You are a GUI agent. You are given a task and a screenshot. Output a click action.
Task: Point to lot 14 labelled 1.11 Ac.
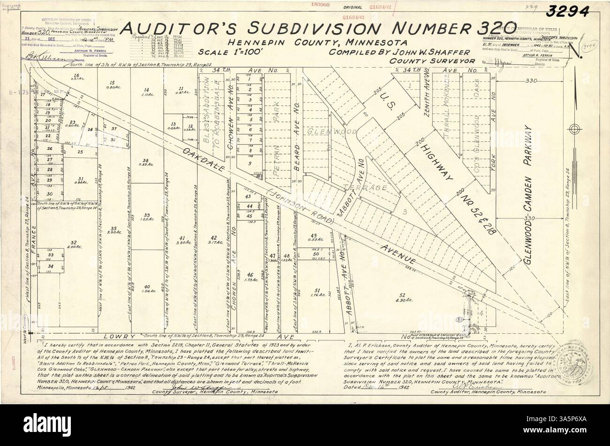coord(147,92)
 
